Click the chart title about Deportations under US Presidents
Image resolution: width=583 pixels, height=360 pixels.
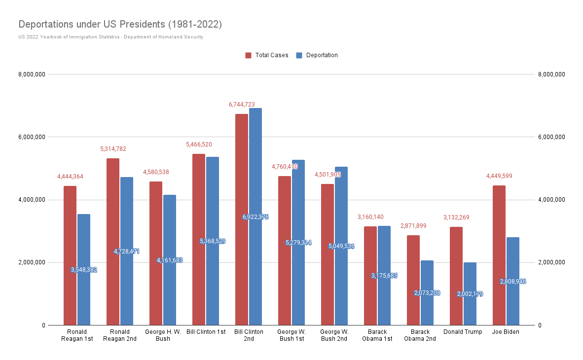[x=120, y=24]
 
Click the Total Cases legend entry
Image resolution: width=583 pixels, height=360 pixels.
[x=267, y=55]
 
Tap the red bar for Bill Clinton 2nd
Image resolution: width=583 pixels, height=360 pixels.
[x=242, y=219]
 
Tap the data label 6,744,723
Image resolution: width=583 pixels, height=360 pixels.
[x=242, y=105]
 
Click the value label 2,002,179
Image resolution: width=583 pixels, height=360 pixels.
[x=470, y=294]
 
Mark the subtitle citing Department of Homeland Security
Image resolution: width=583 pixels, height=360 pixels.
[x=110, y=37]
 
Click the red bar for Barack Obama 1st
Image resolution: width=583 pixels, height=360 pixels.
[x=370, y=276]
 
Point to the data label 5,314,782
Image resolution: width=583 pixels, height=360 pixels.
[x=113, y=149]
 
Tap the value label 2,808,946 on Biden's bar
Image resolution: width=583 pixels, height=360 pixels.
[x=513, y=282]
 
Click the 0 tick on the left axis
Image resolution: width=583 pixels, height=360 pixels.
[x=43, y=325]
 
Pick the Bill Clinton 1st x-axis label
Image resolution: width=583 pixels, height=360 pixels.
[x=206, y=332]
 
